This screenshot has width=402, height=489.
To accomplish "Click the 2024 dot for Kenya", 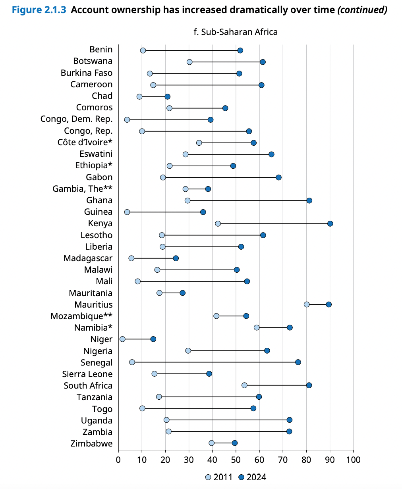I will (x=330, y=223).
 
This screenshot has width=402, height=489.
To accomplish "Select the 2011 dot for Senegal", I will (x=132, y=362).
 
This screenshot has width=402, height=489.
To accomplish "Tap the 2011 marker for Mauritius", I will (x=307, y=304).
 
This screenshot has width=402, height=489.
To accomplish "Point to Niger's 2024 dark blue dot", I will (x=153, y=339).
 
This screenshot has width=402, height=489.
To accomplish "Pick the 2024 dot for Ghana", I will (x=309, y=200).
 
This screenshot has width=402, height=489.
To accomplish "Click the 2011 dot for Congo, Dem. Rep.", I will (x=127, y=119).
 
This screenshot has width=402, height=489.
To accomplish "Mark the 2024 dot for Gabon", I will (x=278, y=177).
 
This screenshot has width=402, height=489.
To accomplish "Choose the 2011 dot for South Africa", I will (x=244, y=385).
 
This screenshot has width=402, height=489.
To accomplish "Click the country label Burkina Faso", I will (x=87, y=73).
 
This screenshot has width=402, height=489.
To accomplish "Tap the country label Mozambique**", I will (x=81, y=316).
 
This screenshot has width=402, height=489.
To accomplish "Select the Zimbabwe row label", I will (x=91, y=444).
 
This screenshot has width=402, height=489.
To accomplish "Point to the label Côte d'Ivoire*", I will (x=85, y=142).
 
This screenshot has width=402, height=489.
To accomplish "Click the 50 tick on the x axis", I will (x=236, y=460).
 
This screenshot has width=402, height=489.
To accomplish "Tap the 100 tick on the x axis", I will (x=353, y=460).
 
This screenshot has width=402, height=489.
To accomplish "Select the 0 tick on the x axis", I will (x=118, y=460).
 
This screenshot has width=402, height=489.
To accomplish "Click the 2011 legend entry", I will (x=219, y=477).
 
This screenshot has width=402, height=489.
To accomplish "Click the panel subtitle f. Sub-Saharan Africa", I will (x=236, y=32).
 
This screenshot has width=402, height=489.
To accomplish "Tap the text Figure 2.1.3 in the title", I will (x=39, y=10).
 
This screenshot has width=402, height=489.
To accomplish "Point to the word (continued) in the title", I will (x=362, y=10).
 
